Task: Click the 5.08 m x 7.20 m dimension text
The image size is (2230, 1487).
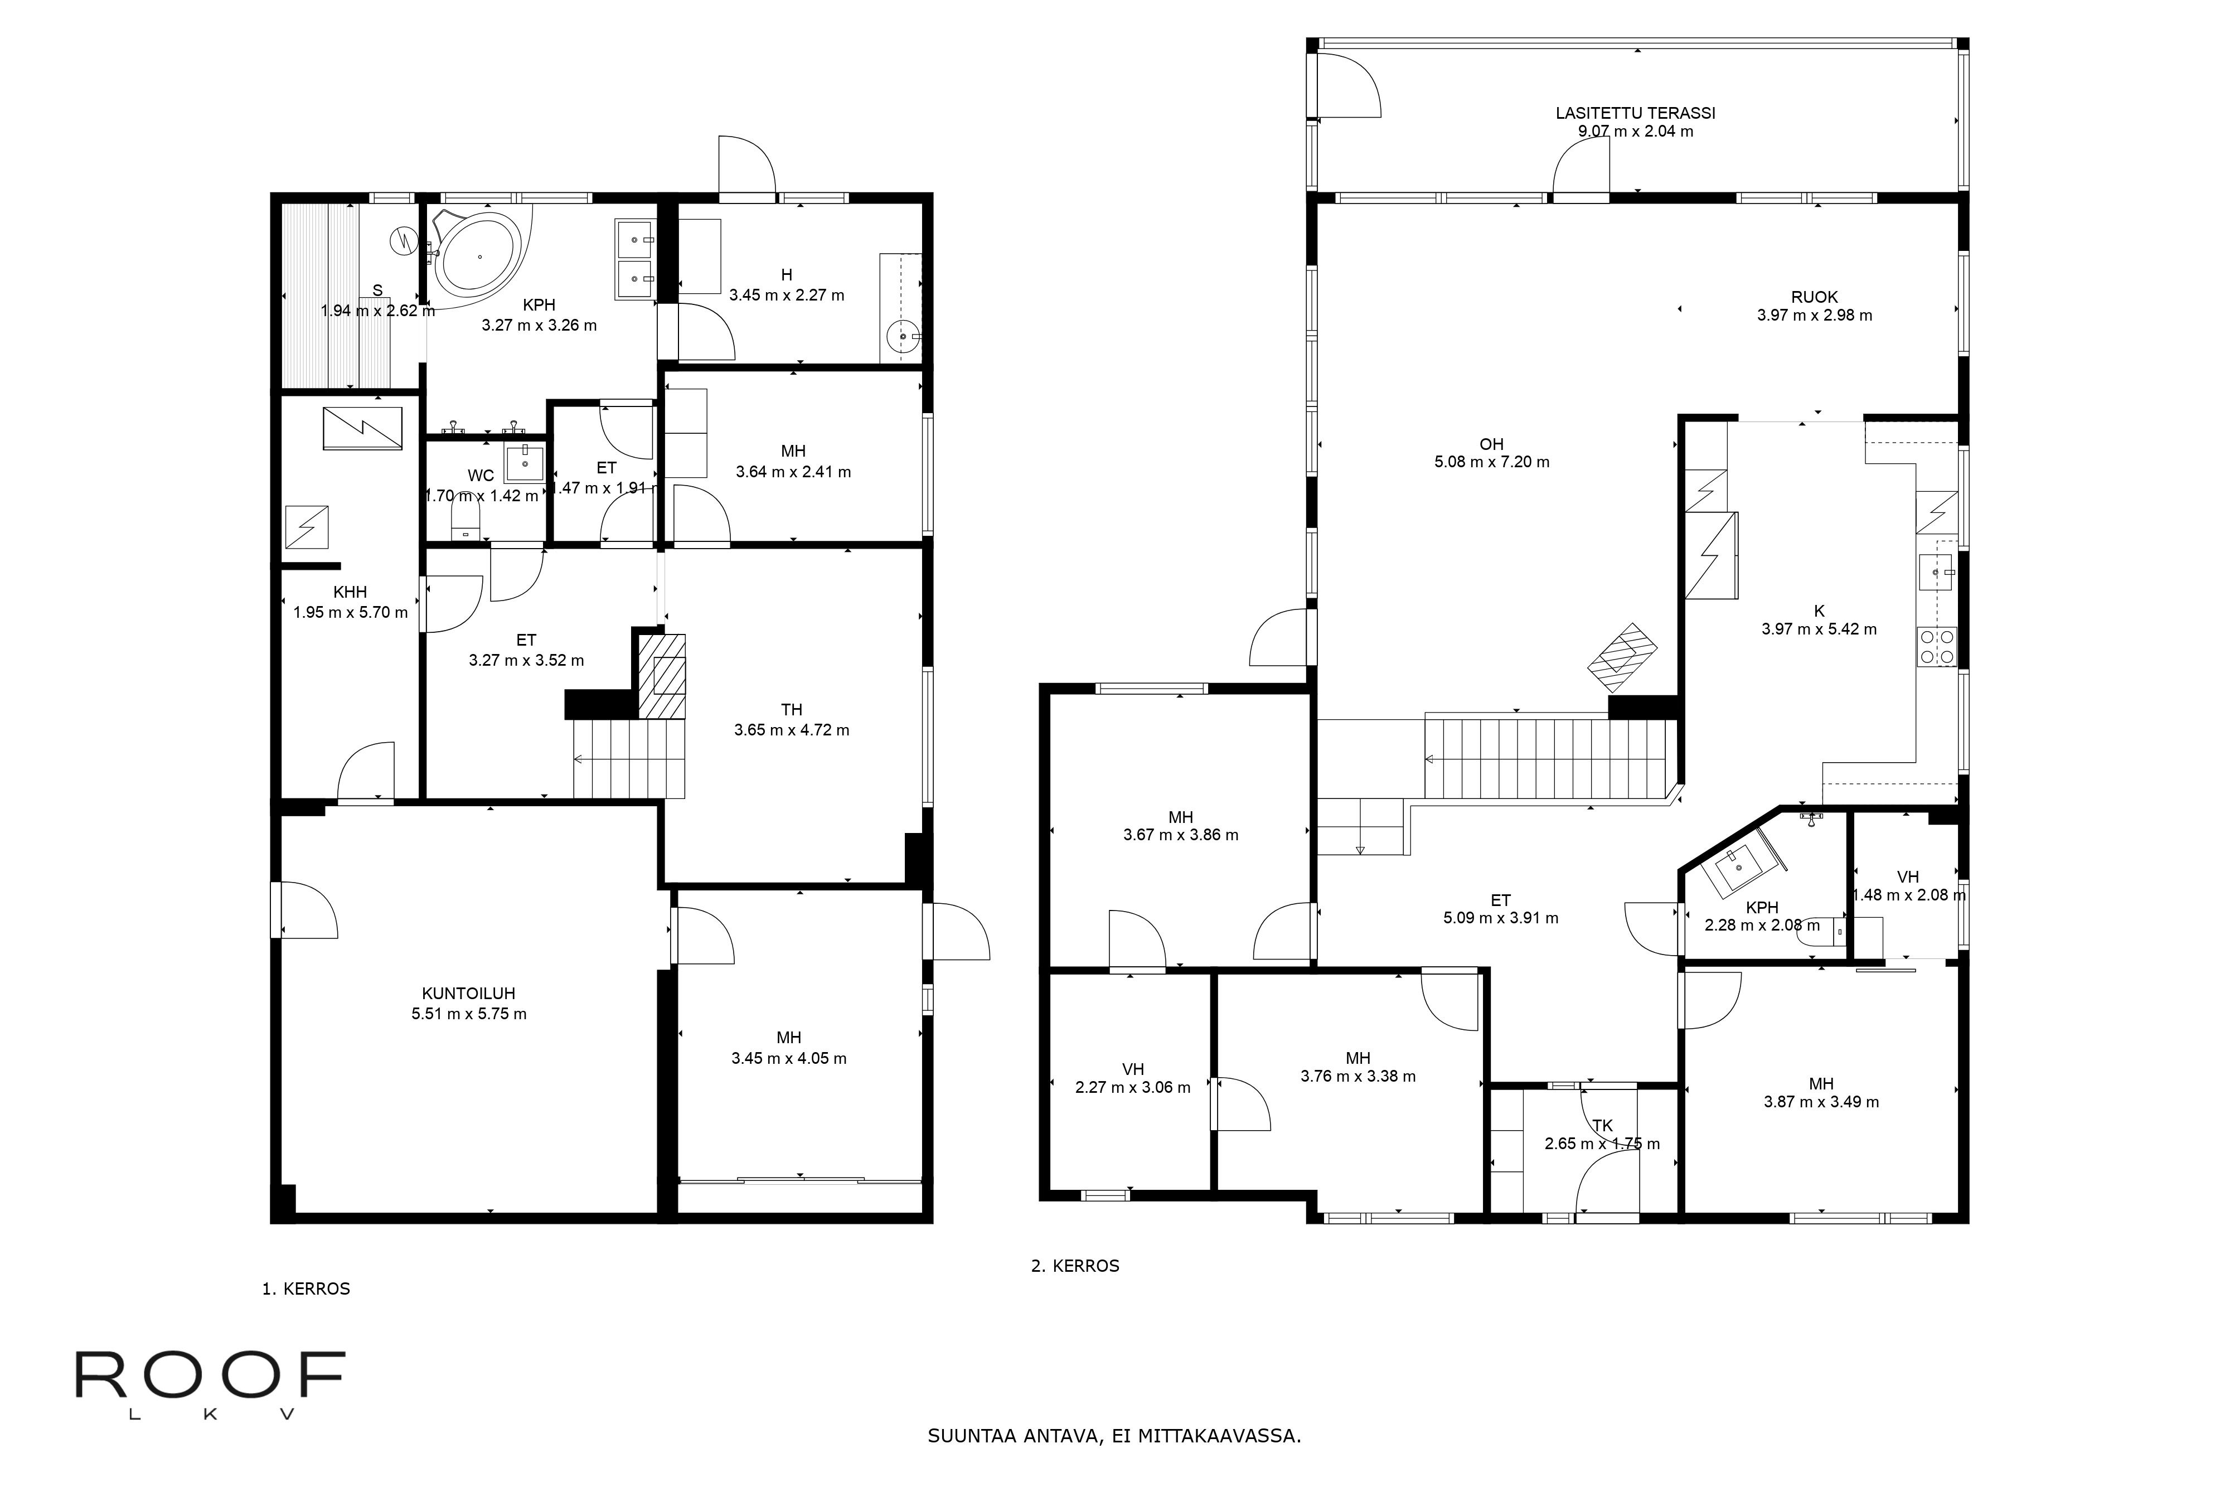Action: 1491,463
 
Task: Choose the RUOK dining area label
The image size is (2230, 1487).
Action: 1814,297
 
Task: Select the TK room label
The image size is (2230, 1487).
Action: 1602,1126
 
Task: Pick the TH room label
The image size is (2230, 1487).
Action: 792,709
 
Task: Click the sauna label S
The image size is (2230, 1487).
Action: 377,290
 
